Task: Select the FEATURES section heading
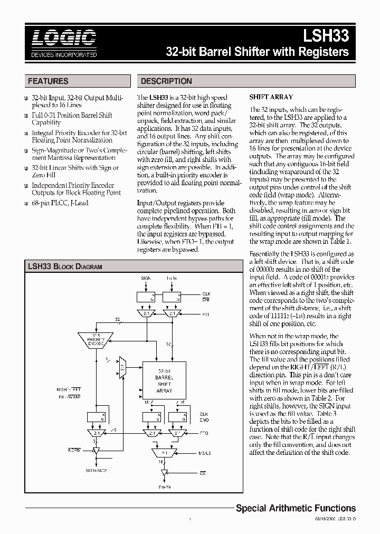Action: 48,81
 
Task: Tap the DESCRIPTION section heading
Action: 166,81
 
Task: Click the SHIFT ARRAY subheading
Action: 271,97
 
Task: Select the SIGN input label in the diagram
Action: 145,278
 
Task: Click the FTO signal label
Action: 204,433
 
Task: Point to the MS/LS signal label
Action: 204,452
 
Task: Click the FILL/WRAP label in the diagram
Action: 69,395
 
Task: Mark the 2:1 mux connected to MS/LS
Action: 165,452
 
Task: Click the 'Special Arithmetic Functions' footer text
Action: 296,508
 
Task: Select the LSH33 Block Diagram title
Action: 64,266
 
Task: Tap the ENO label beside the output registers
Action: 204,420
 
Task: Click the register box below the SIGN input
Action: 146,298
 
